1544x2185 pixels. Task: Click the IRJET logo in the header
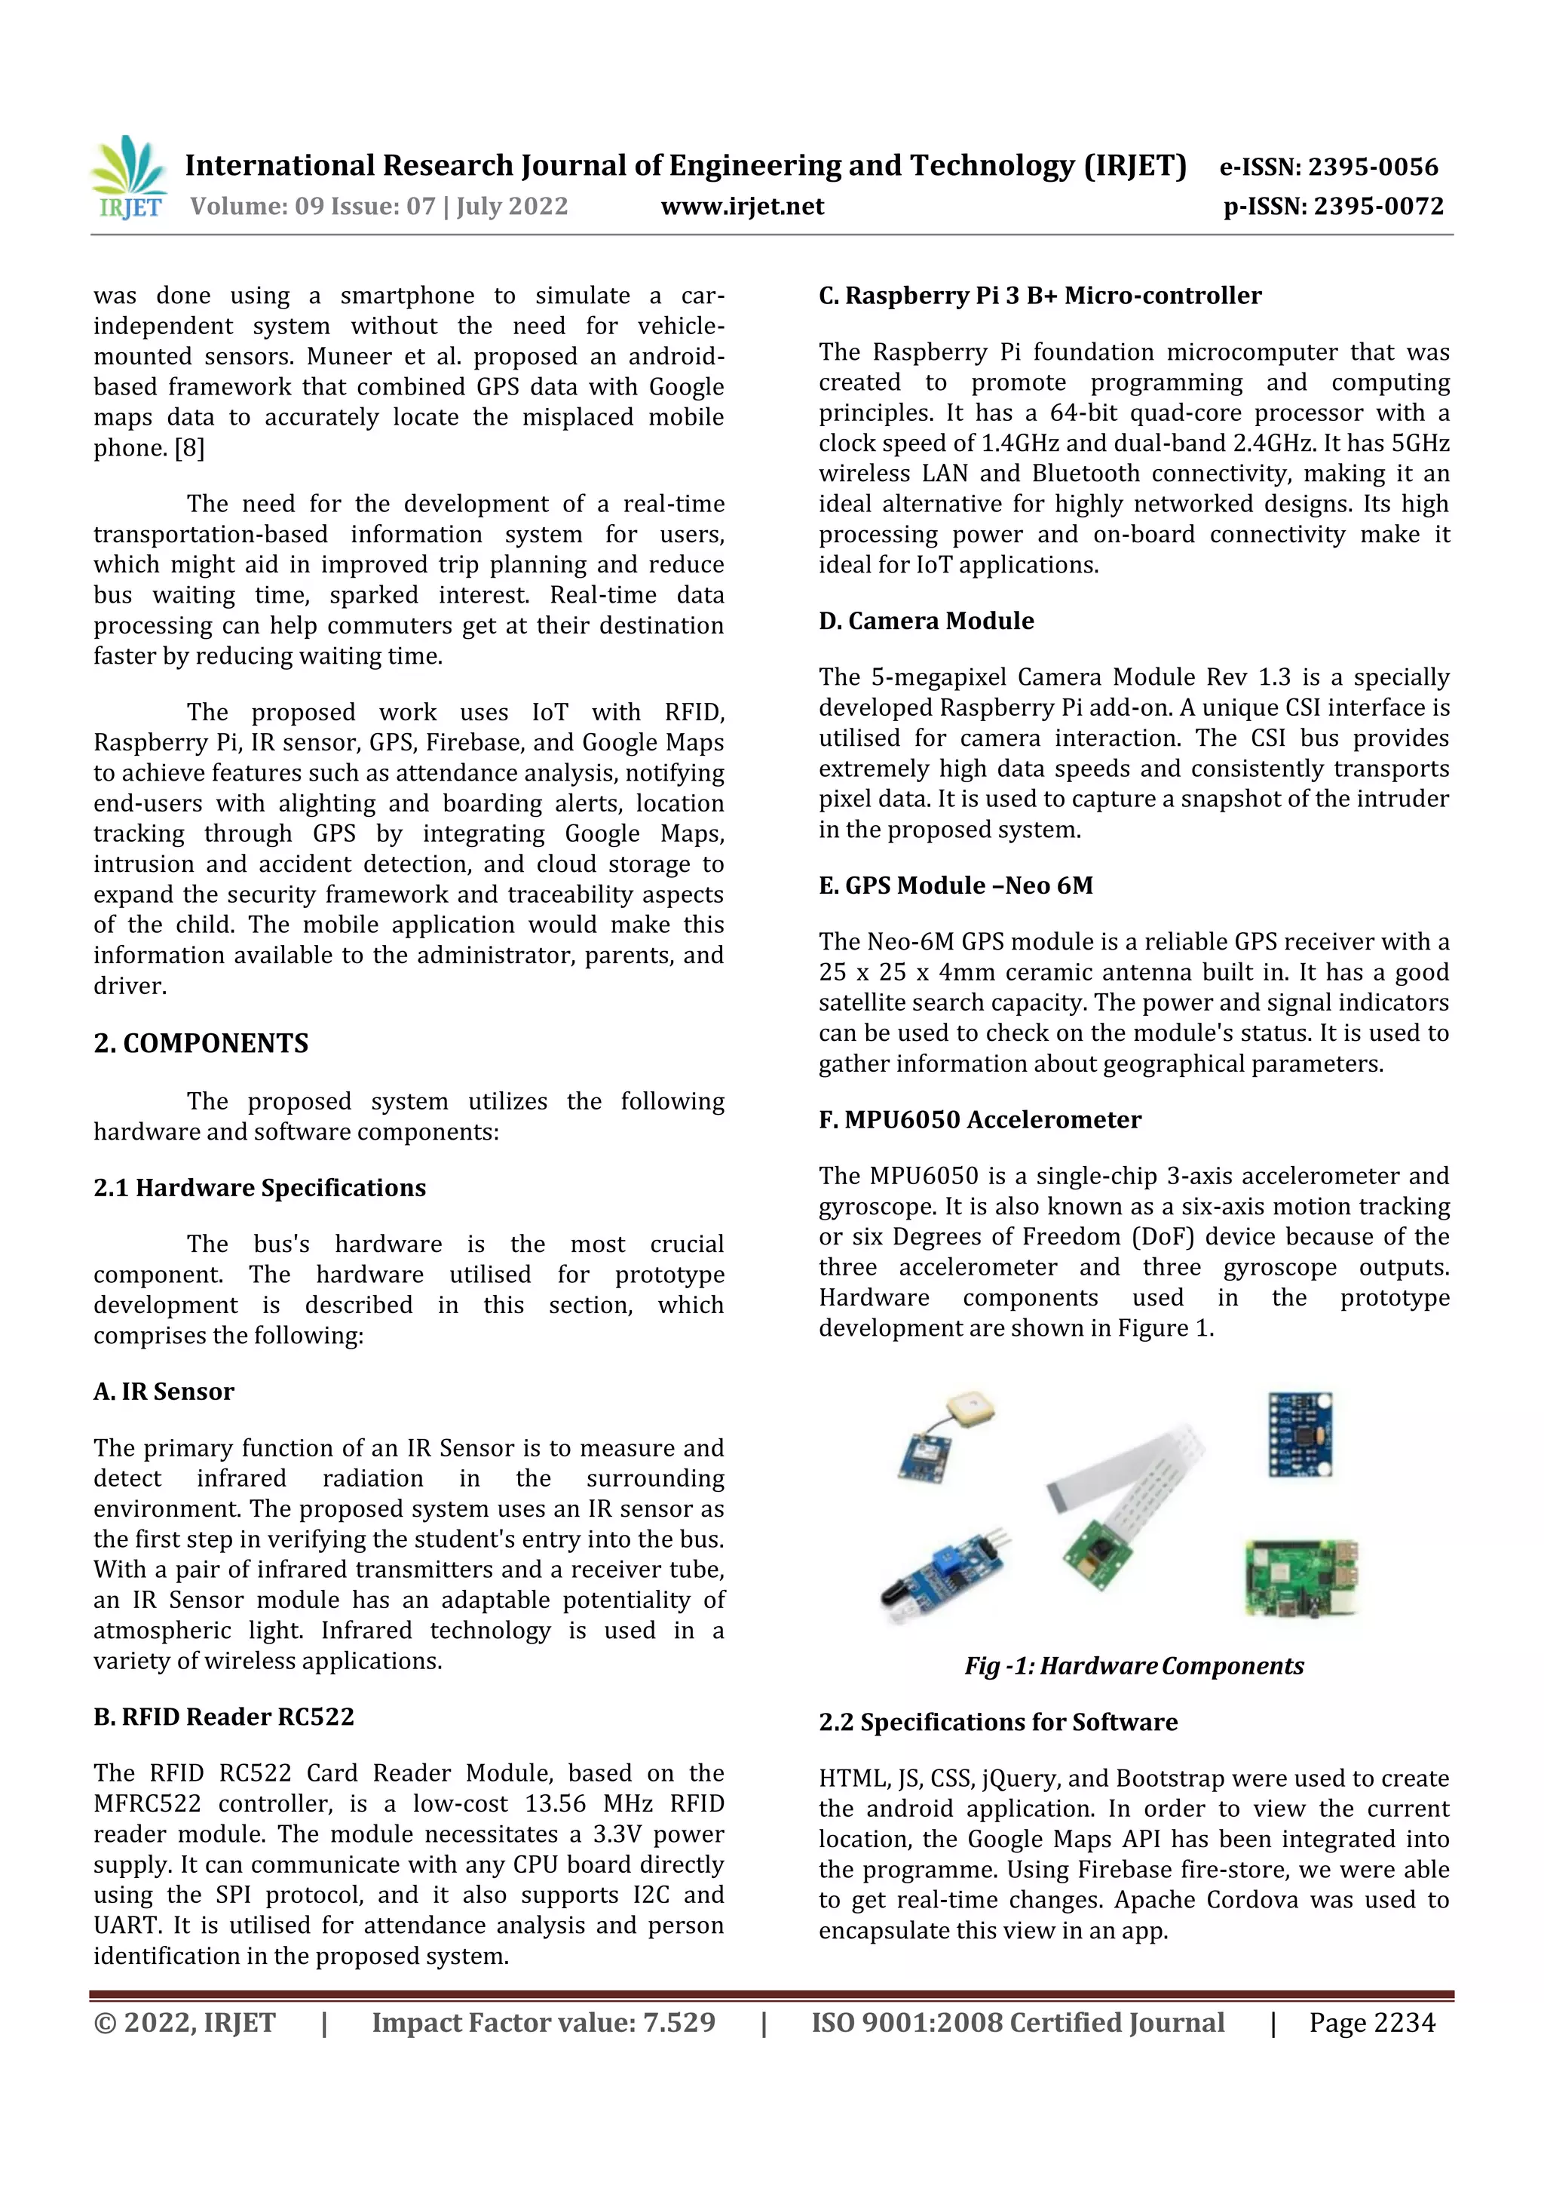[x=128, y=178]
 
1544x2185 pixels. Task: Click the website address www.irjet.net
[x=742, y=207]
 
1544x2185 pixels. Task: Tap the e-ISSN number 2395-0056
[x=1373, y=167]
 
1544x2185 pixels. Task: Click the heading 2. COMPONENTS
[x=201, y=1043]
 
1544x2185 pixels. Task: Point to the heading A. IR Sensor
[x=164, y=1392]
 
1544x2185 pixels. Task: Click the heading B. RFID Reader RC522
[x=224, y=1717]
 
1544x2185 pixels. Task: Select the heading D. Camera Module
[x=926, y=621]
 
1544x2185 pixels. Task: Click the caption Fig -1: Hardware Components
[x=1133, y=1665]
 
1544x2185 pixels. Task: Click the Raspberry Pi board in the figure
[x=1301, y=1578]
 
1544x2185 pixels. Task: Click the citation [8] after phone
[x=188, y=448]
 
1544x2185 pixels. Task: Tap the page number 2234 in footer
[x=1402, y=2024]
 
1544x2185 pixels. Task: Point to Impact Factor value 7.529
[x=544, y=2024]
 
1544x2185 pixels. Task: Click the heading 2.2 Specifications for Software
[x=998, y=1722]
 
